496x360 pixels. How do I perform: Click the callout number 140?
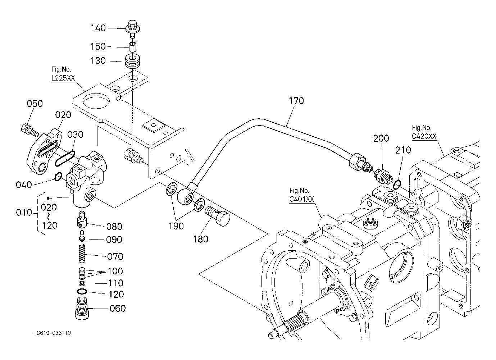coord(98,28)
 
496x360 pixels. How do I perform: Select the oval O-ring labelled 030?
coord(65,158)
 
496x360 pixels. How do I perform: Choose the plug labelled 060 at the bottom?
coord(83,309)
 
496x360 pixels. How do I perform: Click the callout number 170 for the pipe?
coord(296,101)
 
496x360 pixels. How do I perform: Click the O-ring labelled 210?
coord(397,184)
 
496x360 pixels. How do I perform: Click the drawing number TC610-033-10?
coord(50,333)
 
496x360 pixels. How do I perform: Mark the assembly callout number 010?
coord(24,213)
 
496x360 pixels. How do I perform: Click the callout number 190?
coord(176,226)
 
